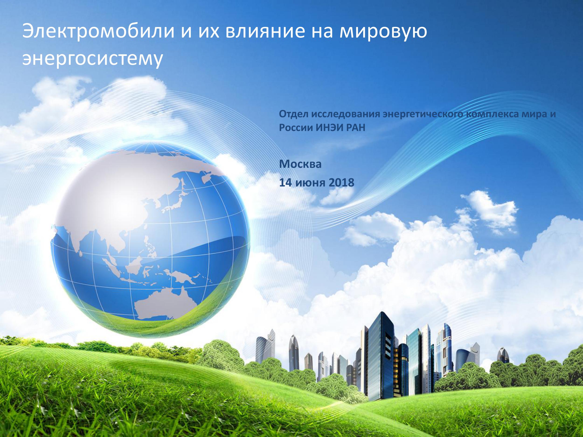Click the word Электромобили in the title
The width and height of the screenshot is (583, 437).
(99, 31)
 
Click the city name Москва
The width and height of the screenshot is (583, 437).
(300, 164)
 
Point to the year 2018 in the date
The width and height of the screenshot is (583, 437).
(341, 182)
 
